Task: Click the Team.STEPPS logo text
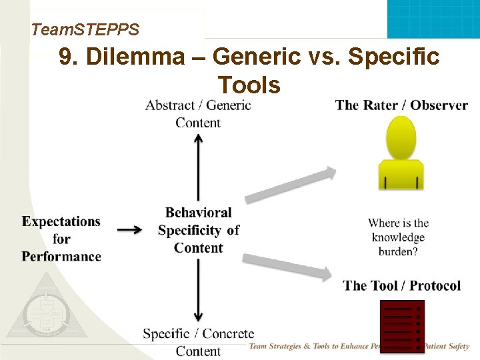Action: click(85, 30)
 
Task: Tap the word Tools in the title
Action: click(249, 85)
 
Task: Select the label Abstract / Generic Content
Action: click(198, 113)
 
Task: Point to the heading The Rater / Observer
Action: click(401, 105)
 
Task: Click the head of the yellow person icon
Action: click(402, 137)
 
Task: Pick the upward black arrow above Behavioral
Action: click(198, 167)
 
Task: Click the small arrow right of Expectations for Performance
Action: click(129, 230)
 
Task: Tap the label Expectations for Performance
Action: click(61, 239)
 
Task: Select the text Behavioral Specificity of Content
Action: click(199, 230)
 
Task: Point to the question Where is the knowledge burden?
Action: click(398, 237)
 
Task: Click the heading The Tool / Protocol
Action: click(402, 285)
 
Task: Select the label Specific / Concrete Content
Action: click(199, 341)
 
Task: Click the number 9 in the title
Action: click(65, 57)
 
